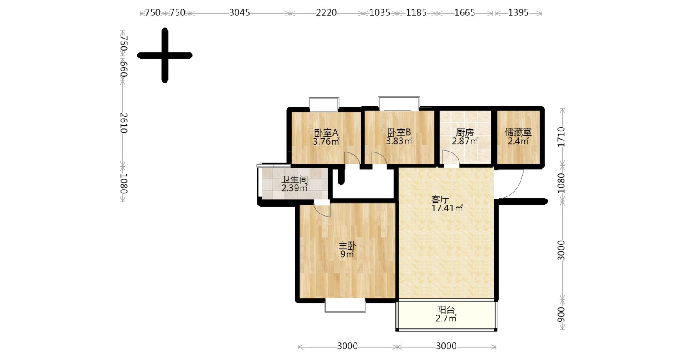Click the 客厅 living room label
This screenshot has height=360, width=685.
(440, 200)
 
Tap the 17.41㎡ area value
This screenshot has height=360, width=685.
(447, 208)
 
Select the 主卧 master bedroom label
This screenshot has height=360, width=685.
(347, 246)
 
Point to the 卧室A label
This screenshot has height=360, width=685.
(326, 133)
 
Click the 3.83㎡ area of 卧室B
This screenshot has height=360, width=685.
(399, 141)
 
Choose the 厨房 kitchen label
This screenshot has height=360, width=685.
(465, 133)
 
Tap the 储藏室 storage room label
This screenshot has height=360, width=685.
(518, 132)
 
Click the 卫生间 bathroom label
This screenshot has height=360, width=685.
(295, 180)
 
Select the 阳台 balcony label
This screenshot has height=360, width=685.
(446, 310)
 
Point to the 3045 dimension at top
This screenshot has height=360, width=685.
(240, 13)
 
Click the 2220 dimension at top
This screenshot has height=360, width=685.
(326, 13)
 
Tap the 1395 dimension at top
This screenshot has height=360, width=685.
(518, 13)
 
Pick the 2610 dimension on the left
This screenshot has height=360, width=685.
(123, 123)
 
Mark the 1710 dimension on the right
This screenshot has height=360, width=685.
(561, 137)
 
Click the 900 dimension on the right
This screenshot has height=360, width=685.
(561, 315)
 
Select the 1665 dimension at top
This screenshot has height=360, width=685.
(465, 13)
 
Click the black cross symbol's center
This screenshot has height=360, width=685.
(165, 55)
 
